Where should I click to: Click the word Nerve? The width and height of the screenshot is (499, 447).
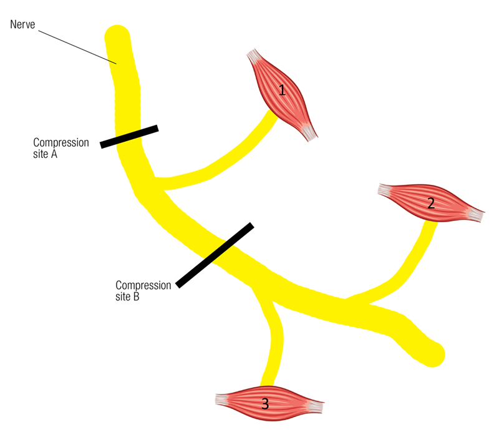pyautogui.click(x=22, y=24)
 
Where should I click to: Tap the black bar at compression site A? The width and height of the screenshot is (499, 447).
pyautogui.click(x=129, y=137)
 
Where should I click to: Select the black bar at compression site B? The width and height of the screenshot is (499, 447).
pyautogui.click(x=215, y=255)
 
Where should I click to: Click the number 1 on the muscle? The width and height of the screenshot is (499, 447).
pyautogui.click(x=282, y=90)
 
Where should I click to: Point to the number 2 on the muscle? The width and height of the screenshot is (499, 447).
pyautogui.click(x=431, y=203)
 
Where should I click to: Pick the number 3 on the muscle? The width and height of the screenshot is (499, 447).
pyautogui.click(x=265, y=404)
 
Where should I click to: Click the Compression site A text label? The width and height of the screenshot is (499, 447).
pyautogui.click(x=61, y=148)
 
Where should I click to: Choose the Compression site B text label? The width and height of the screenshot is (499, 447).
pyautogui.click(x=143, y=290)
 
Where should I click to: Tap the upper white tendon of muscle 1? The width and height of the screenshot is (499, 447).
pyautogui.click(x=254, y=56)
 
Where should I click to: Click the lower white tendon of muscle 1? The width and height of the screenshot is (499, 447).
pyautogui.click(x=309, y=132)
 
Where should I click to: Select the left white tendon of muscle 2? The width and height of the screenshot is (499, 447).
pyautogui.click(x=385, y=190)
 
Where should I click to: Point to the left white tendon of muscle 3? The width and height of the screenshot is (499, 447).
pyautogui.click(x=222, y=400)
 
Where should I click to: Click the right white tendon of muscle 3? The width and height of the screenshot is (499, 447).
pyautogui.click(x=316, y=406)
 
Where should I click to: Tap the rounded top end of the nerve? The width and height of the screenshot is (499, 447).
pyautogui.click(x=117, y=35)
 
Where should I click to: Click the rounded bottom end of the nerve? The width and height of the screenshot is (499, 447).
pyautogui.click(x=433, y=355)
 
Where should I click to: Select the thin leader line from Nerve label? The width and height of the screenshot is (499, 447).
pyautogui.click(x=77, y=47)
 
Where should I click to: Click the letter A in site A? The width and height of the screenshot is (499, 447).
pyautogui.click(x=54, y=154)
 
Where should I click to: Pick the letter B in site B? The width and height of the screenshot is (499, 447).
pyautogui.click(x=136, y=297)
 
